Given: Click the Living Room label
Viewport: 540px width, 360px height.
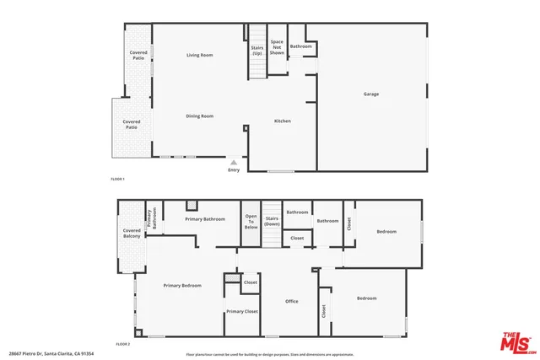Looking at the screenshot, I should point(199,55).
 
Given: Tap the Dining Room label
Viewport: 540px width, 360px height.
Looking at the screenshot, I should point(199,116).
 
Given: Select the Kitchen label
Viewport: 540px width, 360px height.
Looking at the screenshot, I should point(283,121).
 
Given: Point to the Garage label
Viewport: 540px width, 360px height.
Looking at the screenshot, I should point(371,94).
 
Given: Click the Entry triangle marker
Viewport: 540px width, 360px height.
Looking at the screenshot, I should point(234,160).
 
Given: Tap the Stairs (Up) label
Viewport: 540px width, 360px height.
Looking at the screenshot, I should point(256,50).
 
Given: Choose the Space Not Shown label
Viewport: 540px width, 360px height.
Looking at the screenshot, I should point(277,46).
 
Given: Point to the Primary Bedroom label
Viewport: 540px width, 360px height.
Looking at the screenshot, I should point(182,286).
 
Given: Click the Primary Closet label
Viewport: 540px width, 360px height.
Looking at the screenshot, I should point(242,311).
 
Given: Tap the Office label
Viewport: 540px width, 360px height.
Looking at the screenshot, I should point(292,301).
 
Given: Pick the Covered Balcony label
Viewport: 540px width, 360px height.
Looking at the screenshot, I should point(132,233).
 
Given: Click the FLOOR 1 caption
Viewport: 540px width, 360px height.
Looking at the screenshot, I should point(118,180).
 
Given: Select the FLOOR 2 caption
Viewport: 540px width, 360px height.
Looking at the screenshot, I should point(123,344).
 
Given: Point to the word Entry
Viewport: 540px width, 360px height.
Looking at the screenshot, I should point(234,170).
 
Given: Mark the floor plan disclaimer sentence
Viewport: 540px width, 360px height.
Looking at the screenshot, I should point(270,354).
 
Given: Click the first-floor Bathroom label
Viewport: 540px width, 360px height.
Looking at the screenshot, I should point(300,46).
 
